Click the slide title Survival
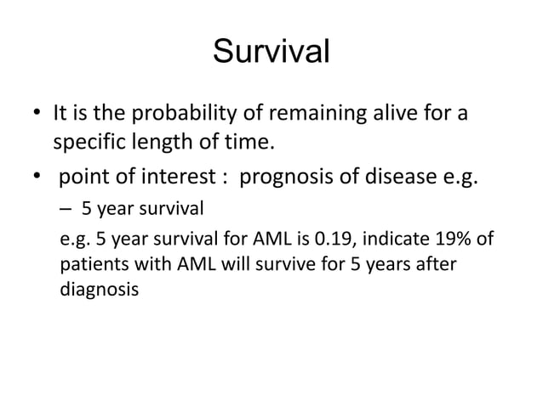[271, 52]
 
